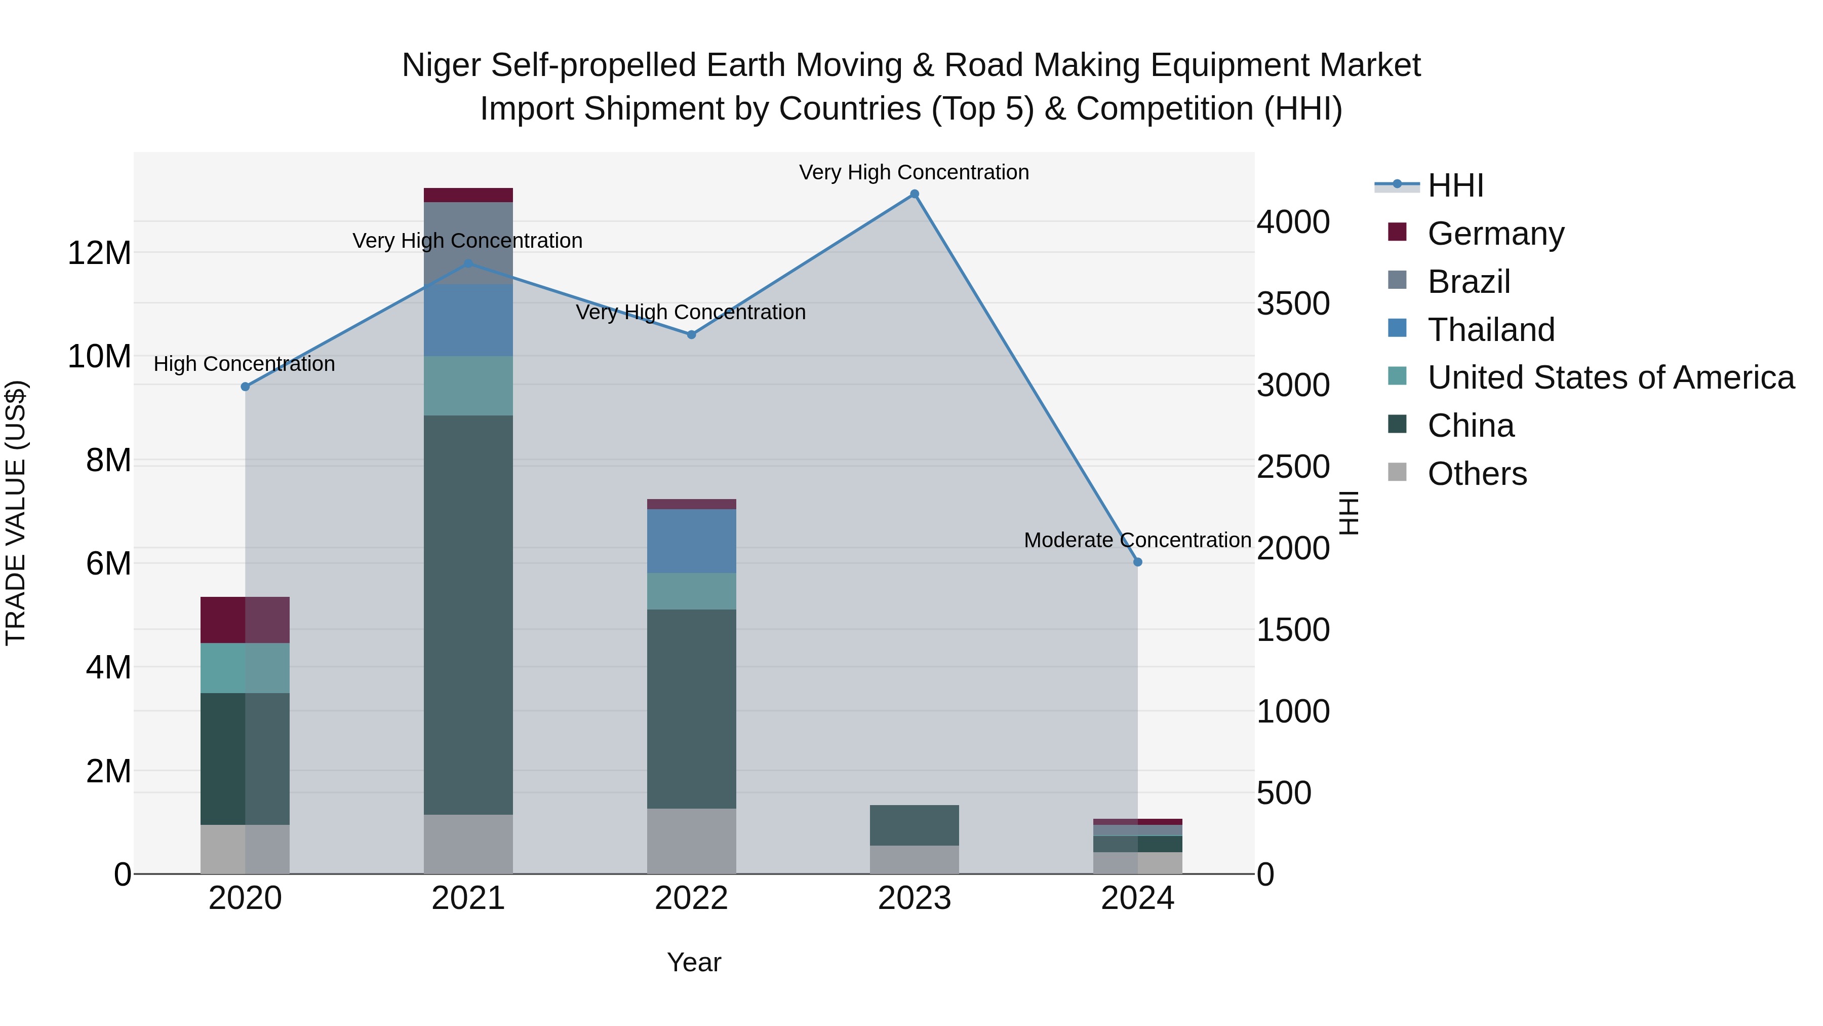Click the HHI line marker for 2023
click(915, 194)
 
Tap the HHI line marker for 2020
click(245, 387)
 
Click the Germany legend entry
click(1495, 234)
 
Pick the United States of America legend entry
click(1610, 377)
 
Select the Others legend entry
click(1477, 474)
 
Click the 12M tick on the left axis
click(99, 253)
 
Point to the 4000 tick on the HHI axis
click(1293, 222)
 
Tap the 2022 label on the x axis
click(691, 898)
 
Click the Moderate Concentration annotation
click(1137, 540)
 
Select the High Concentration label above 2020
click(244, 364)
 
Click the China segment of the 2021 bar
click(468, 615)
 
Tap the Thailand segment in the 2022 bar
click(691, 541)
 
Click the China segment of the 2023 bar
click(915, 825)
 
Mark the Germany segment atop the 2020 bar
click(245, 620)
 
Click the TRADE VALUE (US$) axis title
click(16, 513)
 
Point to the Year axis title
click(694, 962)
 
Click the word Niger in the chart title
click(442, 65)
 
